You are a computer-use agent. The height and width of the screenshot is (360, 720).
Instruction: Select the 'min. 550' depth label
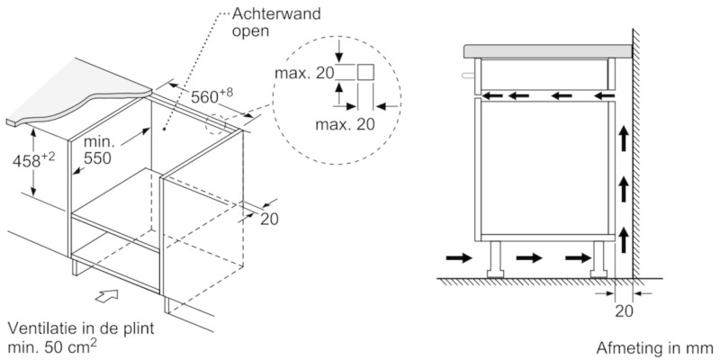click(x=101, y=150)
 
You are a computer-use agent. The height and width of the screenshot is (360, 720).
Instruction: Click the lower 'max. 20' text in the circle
click(x=344, y=123)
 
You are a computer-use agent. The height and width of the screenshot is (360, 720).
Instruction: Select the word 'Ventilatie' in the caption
click(x=40, y=327)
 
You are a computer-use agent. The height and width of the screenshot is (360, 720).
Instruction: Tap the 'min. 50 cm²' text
click(x=52, y=346)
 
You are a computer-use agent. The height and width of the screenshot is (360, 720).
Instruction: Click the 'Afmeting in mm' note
click(x=653, y=346)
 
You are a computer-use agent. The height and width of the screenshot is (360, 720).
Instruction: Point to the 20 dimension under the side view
click(x=622, y=311)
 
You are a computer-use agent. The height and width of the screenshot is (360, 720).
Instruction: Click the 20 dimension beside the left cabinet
click(x=269, y=218)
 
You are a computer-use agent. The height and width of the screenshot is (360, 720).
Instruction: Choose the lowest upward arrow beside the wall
click(x=622, y=238)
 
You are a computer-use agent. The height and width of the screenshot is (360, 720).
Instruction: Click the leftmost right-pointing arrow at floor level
click(x=457, y=258)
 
